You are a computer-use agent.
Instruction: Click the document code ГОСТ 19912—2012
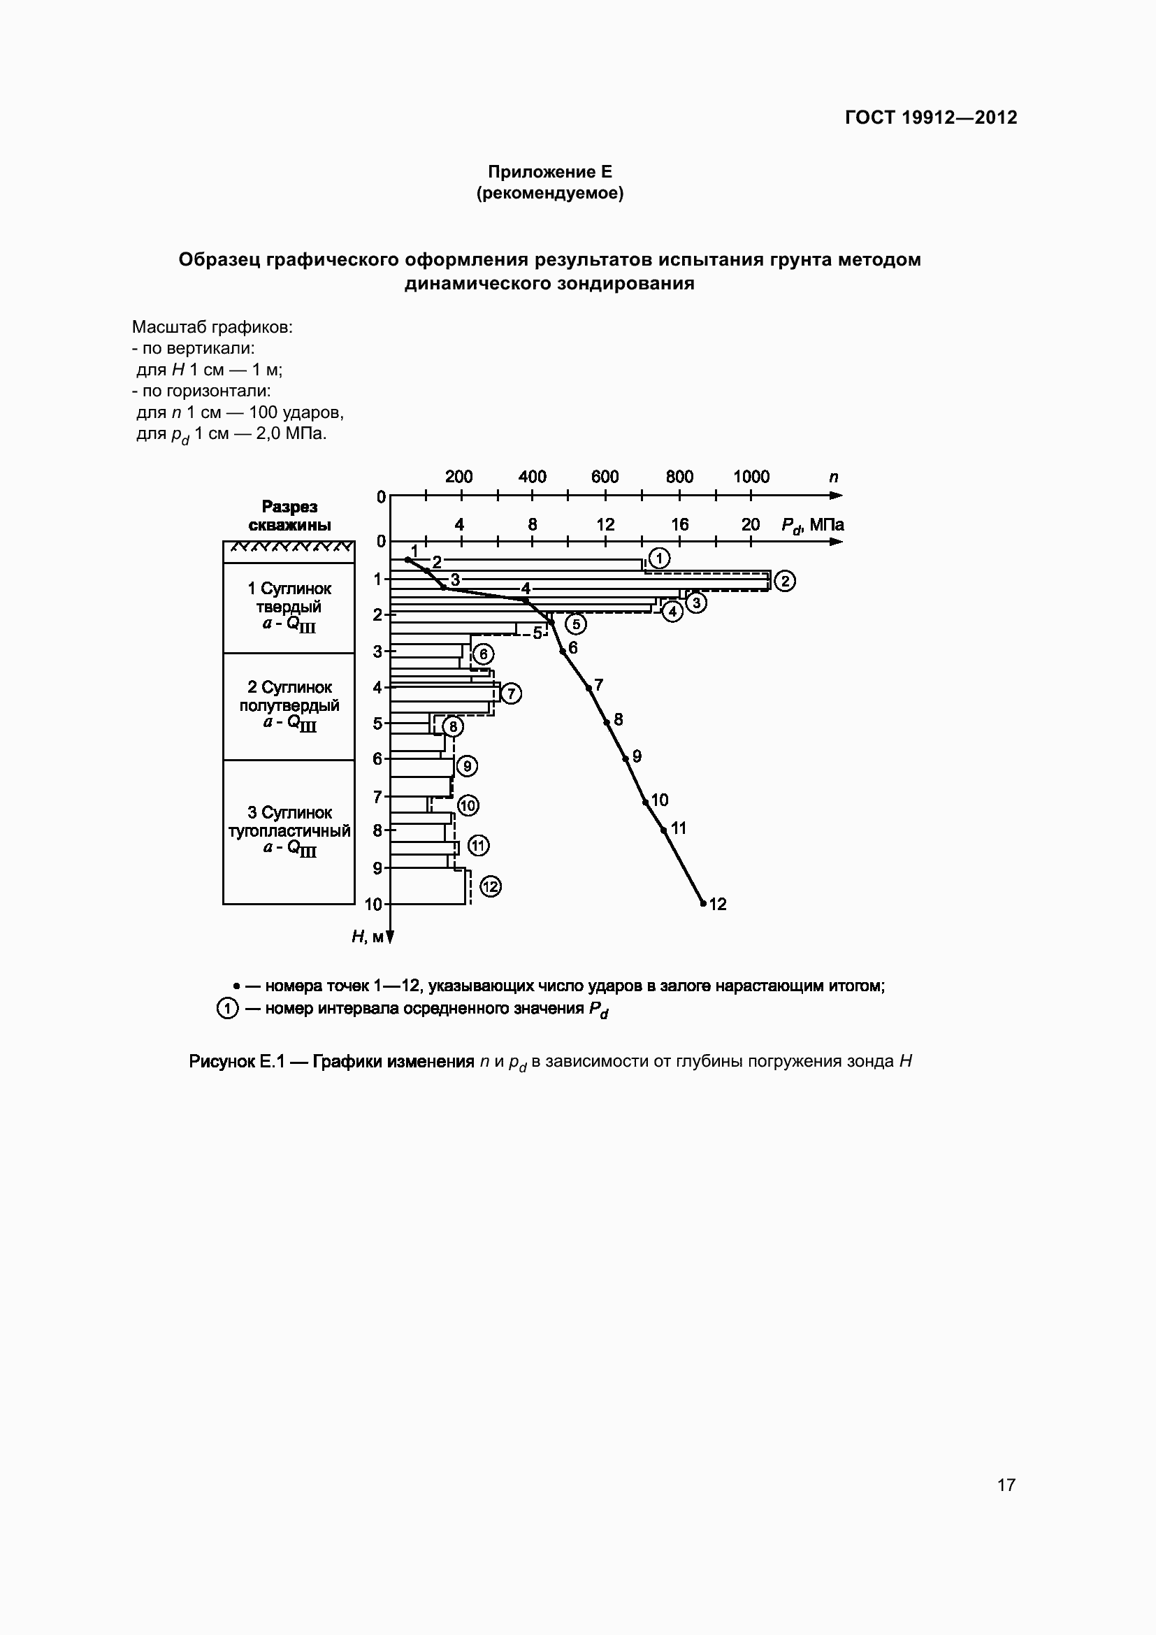[x=930, y=117]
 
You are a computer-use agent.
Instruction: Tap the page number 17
[x=1006, y=1485]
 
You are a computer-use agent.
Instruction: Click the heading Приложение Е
[x=549, y=172]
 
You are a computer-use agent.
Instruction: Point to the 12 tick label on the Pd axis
[x=605, y=524]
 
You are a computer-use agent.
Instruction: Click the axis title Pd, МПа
[x=812, y=526]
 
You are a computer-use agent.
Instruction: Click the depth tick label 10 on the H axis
[x=374, y=905]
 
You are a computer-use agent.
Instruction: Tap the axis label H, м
[x=368, y=937]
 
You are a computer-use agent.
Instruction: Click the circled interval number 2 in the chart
[x=784, y=581]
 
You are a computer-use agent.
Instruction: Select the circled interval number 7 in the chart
[x=511, y=693]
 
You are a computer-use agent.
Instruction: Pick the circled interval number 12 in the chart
[x=491, y=886]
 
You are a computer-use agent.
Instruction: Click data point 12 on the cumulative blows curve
[x=703, y=904]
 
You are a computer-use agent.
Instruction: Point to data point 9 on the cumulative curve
[x=626, y=758]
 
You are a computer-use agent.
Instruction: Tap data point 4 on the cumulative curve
[x=526, y=600]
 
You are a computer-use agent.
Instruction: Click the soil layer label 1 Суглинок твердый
[x=289, y=606]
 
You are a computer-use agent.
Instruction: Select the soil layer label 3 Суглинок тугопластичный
[x=289, y=830]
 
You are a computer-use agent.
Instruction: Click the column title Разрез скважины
[x=289, y=516]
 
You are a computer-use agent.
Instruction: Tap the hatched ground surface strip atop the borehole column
[x=289, y=547]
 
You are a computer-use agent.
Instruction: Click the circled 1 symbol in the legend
[x=226, y=1009]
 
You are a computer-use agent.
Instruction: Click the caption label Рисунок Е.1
[x=236, y=1062]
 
